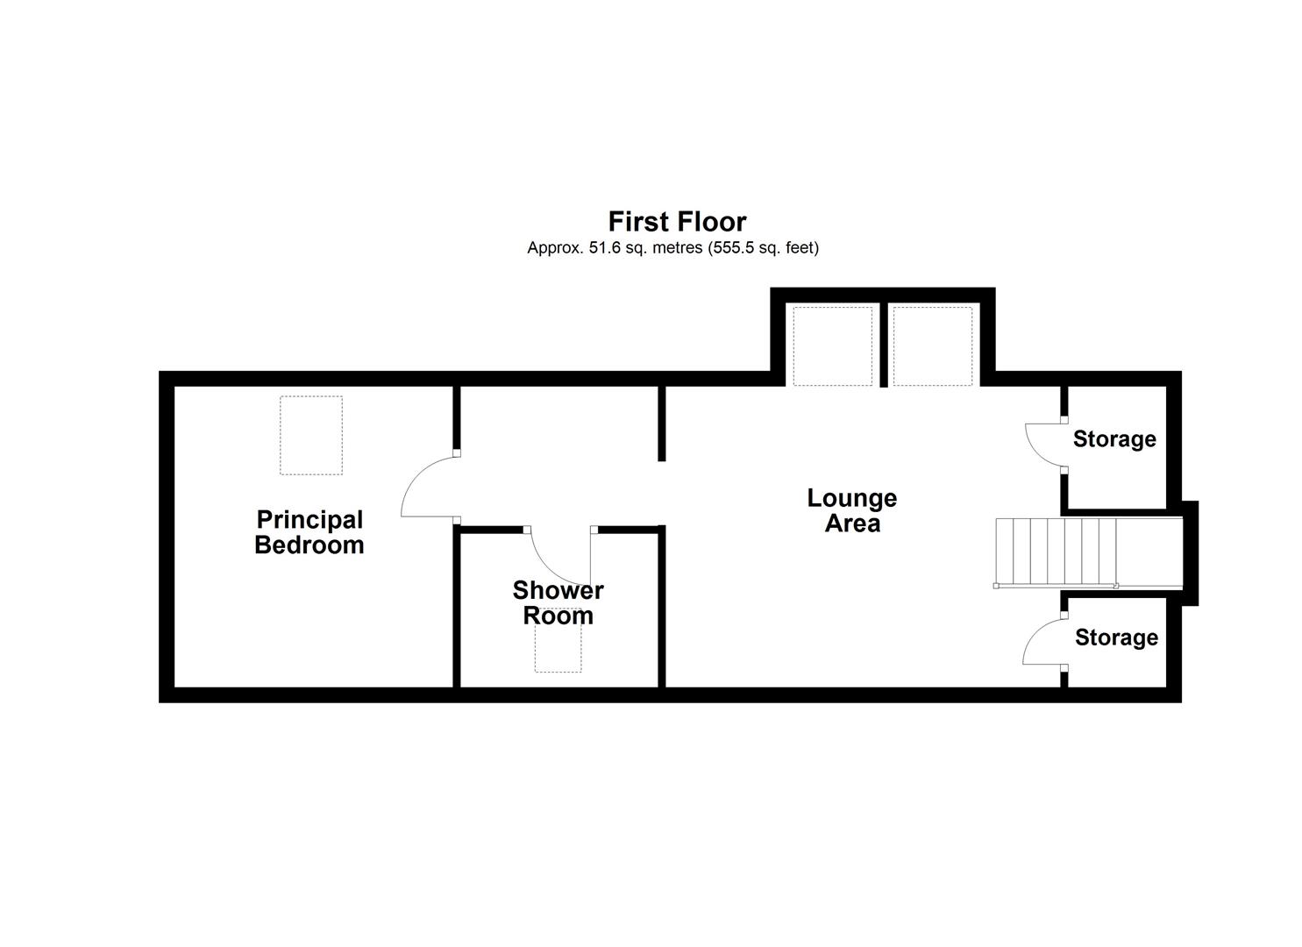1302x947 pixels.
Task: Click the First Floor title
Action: [x=677, y=221]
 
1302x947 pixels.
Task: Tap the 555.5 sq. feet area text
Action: [x=764, y=248]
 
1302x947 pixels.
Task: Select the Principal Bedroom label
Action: [x=309, y=532]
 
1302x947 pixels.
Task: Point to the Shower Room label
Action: [x=558, y=602]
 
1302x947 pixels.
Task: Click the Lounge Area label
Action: [x=852, y=510]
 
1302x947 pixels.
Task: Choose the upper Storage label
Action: [x=1114, y=438]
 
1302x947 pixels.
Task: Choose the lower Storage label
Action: [x=1116, y=637]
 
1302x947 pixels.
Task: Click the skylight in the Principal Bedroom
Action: [x=311, y=435]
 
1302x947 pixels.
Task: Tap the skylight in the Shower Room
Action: [x=558, y=651]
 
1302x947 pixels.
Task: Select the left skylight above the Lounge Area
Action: [x=833, y=345]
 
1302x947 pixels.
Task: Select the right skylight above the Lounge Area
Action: [x=933, y=345]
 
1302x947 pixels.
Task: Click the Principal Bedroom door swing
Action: [x=427, y=488]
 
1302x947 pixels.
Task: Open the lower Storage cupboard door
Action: [x=1042, y=643]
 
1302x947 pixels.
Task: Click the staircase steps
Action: [x=1056, y=552]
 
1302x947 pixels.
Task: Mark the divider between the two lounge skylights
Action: [x=883, y=345]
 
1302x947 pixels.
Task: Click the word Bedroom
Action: [x=309, y=545]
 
